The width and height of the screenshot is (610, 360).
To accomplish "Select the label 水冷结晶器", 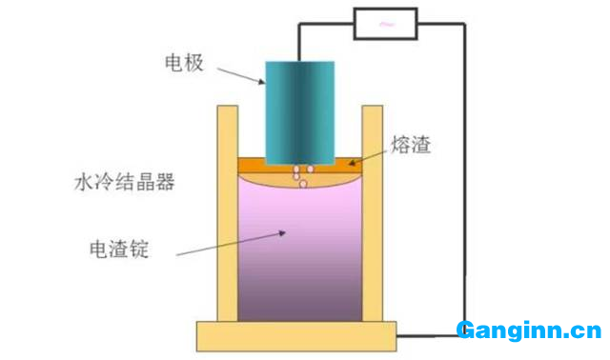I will click(x=124, y=183).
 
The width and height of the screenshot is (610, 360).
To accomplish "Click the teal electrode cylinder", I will click(x=300, y=110).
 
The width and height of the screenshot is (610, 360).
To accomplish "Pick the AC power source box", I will click(x=385, y=25).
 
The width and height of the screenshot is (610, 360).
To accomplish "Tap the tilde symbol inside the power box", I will click(x=385, y=25).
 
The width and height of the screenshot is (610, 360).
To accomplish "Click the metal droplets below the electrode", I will click(x=300, y=176).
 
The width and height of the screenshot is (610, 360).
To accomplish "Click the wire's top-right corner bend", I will click(x=464, y=26).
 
